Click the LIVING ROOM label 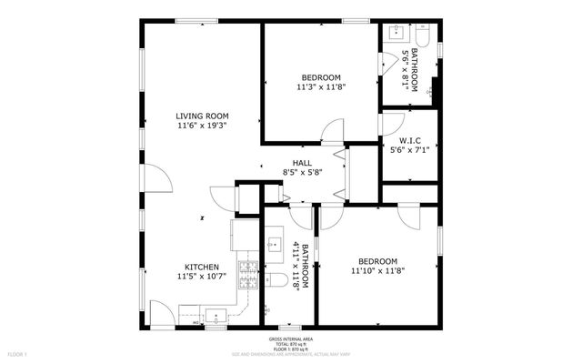(x=202, y=116)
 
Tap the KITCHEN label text (x=202, y=267)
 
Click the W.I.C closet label (x=409, y=140)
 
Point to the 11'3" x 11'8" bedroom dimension (x=321, y=87)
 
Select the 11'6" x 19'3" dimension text (x=202, y=126)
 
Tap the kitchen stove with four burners (x=247, y=270)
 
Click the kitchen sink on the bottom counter (x=216, y=316)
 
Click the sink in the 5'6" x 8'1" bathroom (x=396, y=33)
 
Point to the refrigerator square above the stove (x=244, y=235)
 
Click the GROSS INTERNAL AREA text (x=291, y=338)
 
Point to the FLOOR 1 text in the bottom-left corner (x=18, y=353)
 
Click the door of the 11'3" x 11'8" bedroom (x=333, y=132)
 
